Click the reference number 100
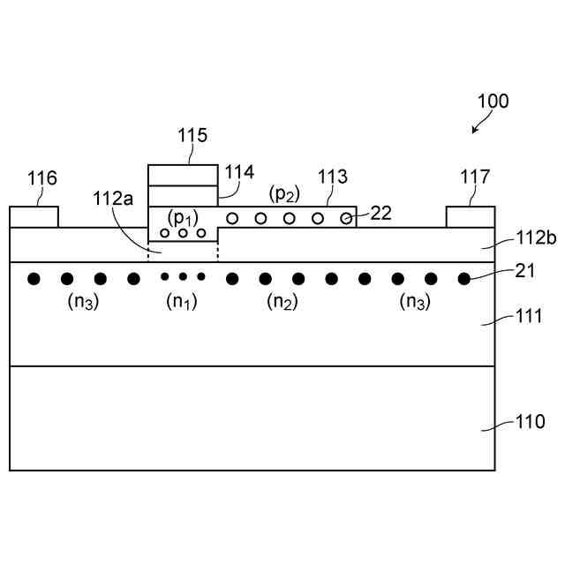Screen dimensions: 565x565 click(x=493, y=101)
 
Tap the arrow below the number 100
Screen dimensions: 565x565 click(x=478, y=127)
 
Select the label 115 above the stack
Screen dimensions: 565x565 click(x=192, y=136)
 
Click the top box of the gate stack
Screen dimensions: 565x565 click(x=182, y=175)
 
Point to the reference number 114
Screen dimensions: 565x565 click(x=239, y=172)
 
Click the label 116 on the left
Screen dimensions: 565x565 click(x=42, y=179)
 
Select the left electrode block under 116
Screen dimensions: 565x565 click(x=34, y=217)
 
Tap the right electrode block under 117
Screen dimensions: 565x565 click(x=470, y=217)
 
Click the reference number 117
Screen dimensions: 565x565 click(x=475, y=177)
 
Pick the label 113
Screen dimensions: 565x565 click(x=333, y=177)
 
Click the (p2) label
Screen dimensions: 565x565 click(x=284, y=193)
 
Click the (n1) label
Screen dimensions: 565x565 click(x=182, y=302)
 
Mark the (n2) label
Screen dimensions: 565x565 click(x=282, y=302)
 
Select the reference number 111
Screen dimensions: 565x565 click(x=531, y=316)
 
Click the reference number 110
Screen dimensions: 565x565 click(x=531, y=422)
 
